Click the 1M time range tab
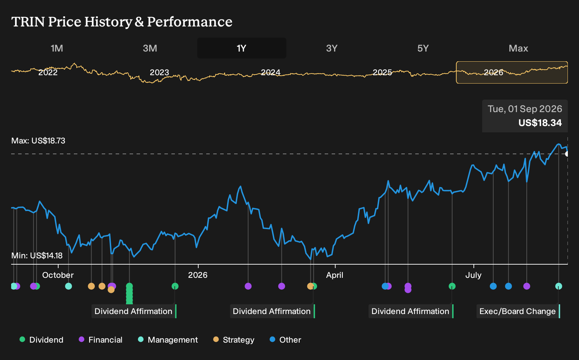click(x=57, y=48)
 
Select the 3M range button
click(x=150, y=48)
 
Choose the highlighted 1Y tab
click(x=242, y=48)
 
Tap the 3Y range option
click(x=332, y=48)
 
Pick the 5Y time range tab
click(x=423, y=48)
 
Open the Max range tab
click(x=518, y=48)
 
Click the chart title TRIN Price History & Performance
click(x=122, y=22)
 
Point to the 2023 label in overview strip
click(x=159, y=72)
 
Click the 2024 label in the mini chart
click(x=271, y=72)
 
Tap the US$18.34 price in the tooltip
click(x=540, y=123)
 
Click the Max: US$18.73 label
click(x=38, y=141)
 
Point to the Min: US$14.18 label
click(x=37, y=256)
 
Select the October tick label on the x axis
click(x=58, y=275)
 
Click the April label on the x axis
click(x=335, y=275)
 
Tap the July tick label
click(x=473, y=275)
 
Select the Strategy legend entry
click(x=234, y=339)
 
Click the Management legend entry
click(x=168, y=339)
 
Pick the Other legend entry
click(x=285, y=339)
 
